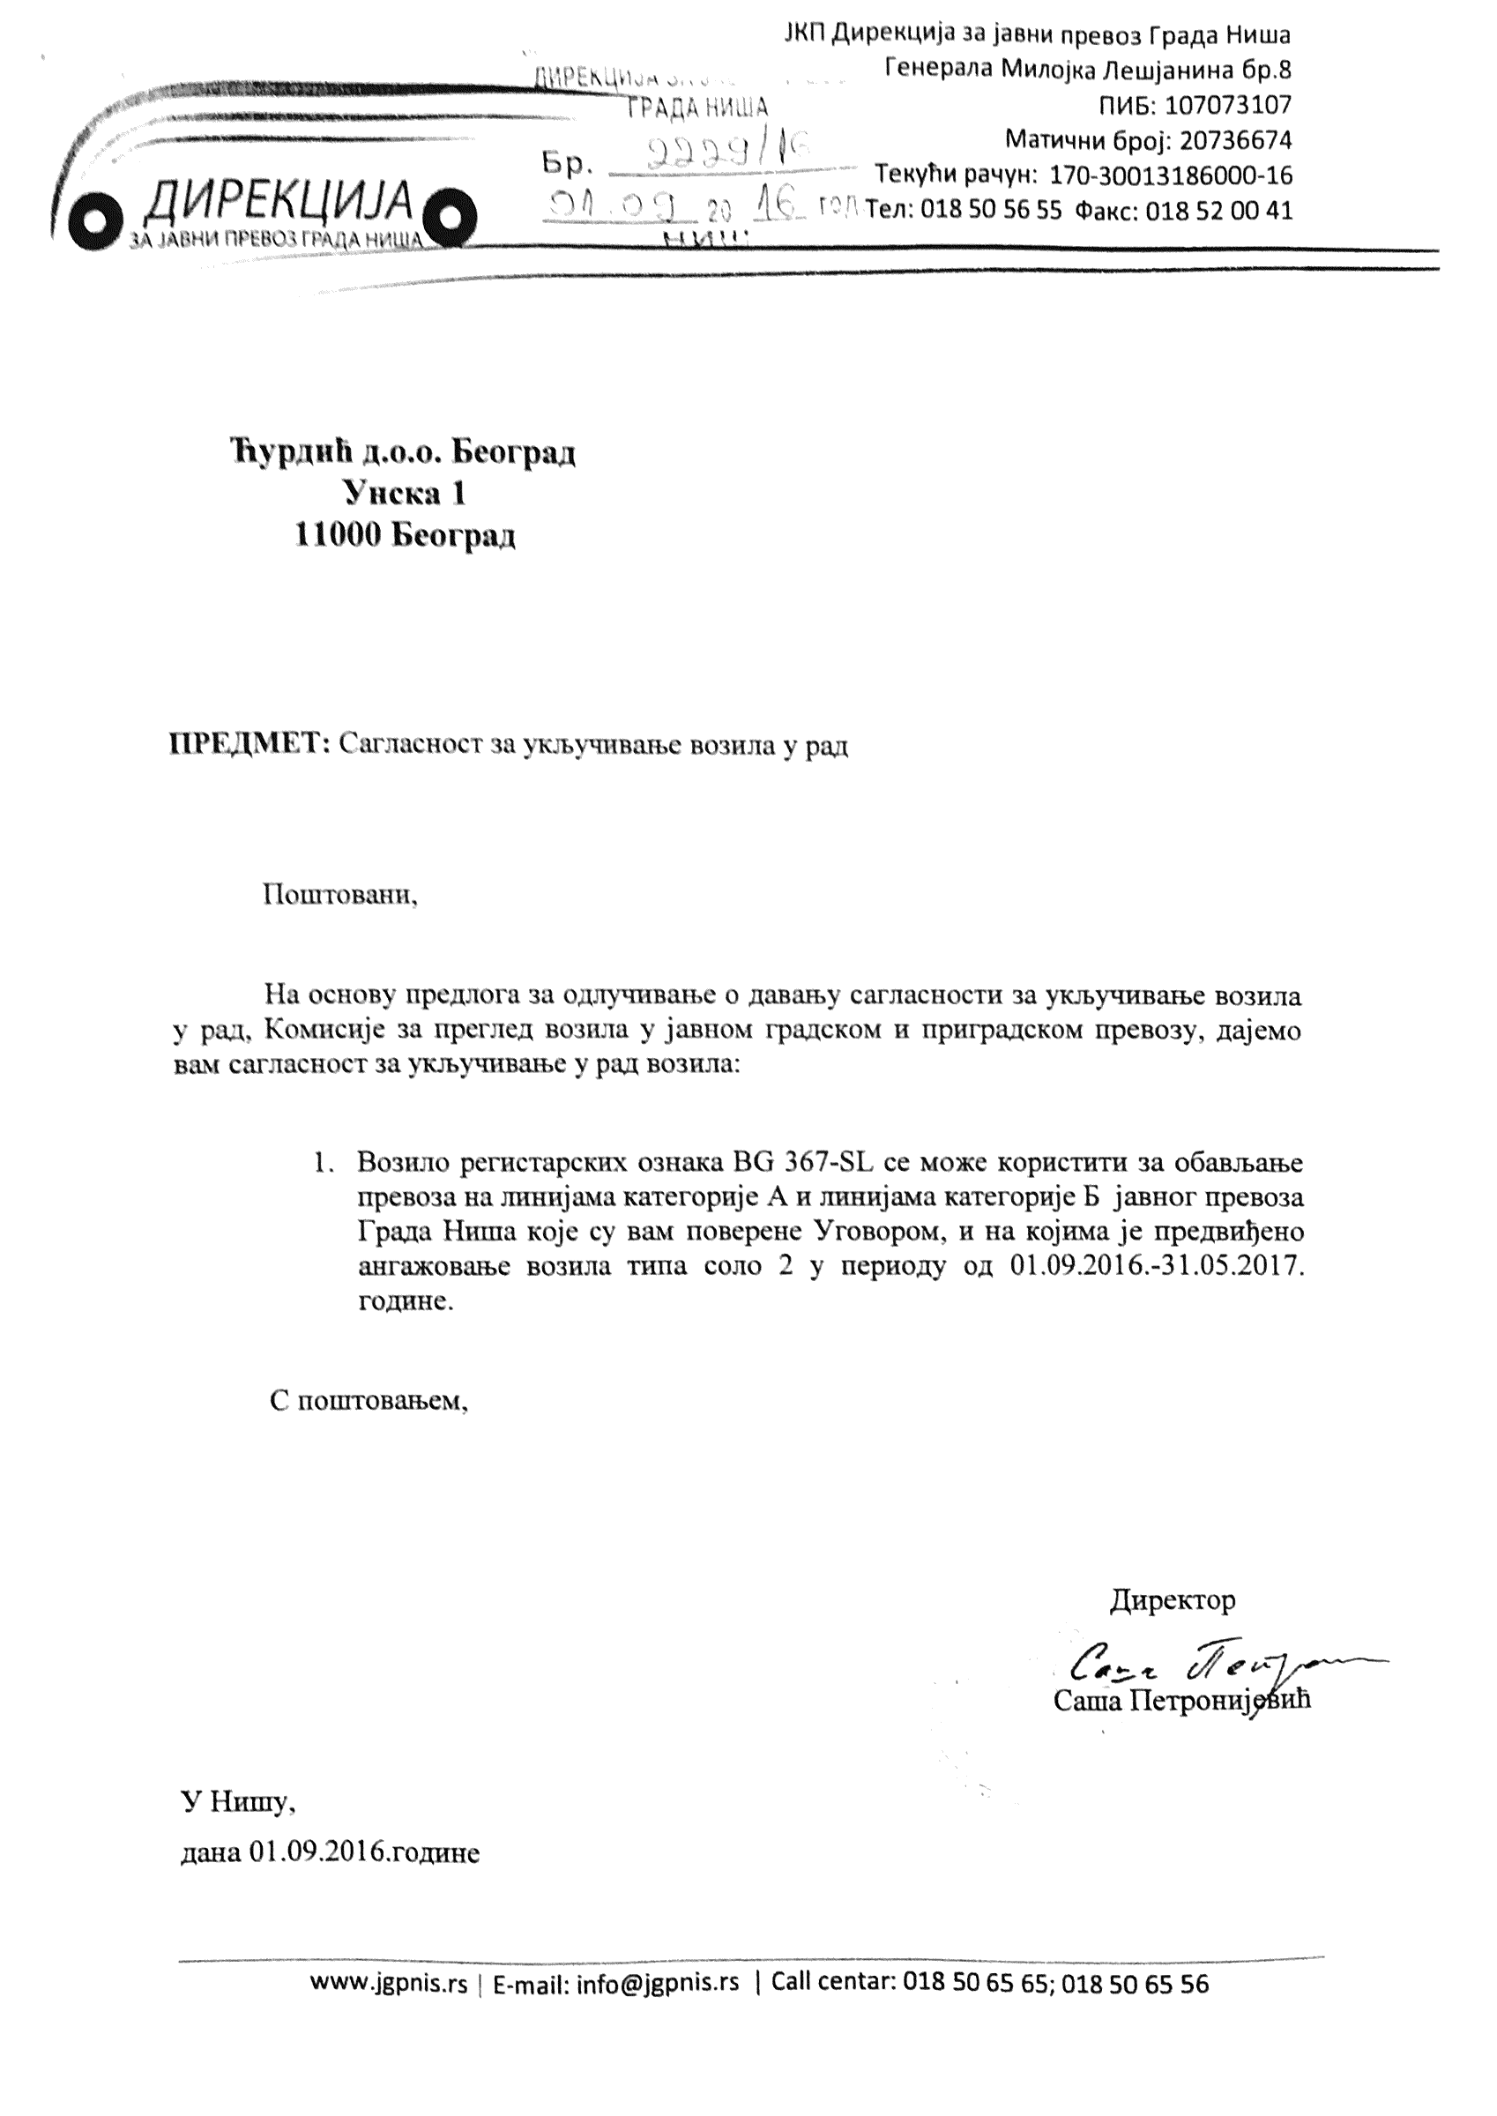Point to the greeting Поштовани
[339, 895]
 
